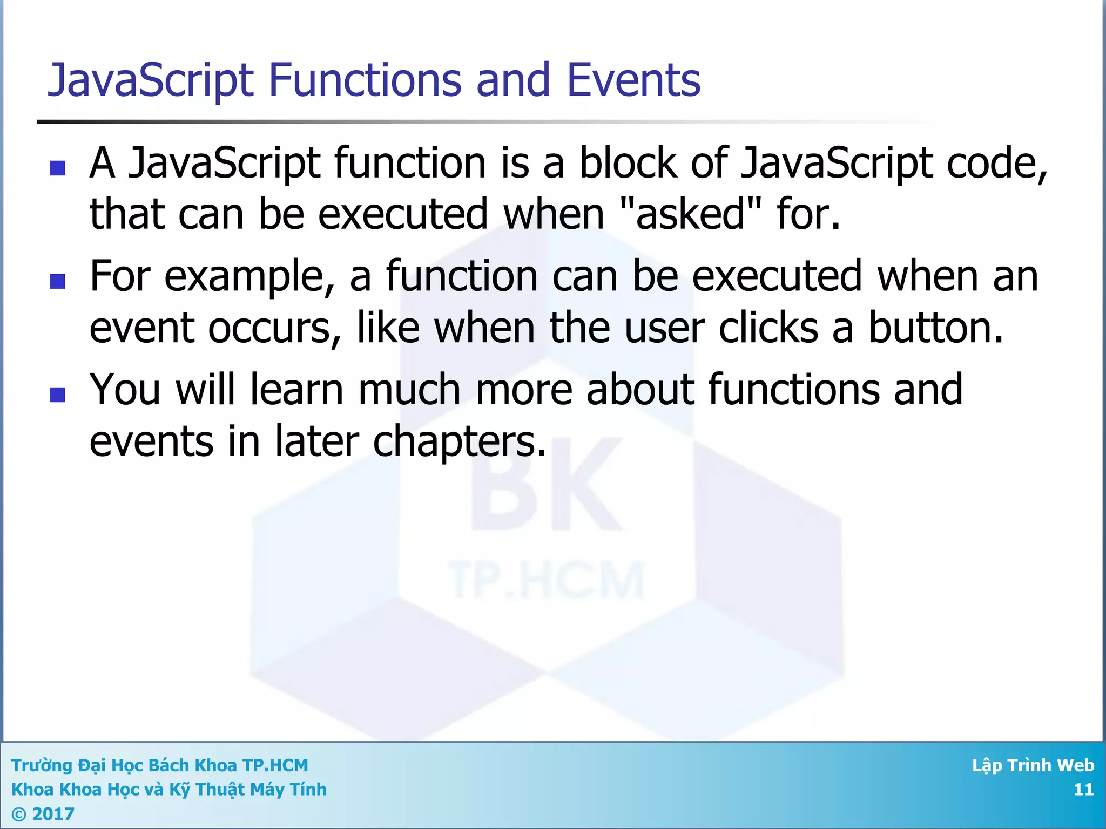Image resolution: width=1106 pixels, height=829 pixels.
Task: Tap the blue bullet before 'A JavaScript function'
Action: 57,168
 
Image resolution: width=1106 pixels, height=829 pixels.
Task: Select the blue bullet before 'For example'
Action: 57,281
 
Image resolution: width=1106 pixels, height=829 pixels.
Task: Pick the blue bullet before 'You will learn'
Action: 57,395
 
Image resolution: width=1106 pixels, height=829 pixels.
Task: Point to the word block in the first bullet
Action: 628,163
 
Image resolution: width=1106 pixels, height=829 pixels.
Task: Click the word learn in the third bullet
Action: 296,389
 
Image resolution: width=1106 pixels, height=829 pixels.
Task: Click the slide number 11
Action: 1083,790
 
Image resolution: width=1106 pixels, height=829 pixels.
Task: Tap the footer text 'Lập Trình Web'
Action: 1033,765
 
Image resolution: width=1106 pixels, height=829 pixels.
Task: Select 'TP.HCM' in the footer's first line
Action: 275,765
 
